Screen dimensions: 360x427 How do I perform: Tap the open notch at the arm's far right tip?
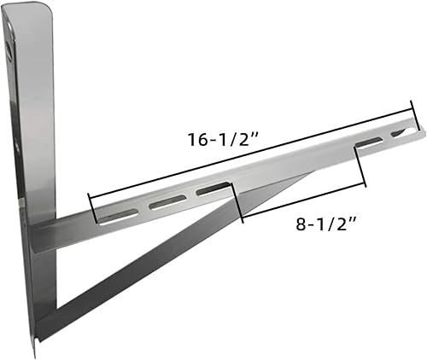coord(400,132)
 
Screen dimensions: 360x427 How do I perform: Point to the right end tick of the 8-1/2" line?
coord(366,176)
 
